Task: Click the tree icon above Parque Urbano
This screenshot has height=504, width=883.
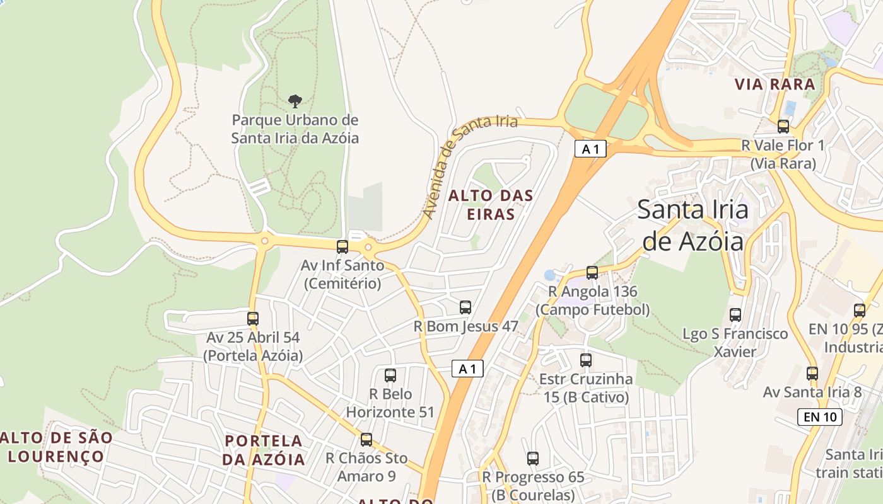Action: click(295, 101)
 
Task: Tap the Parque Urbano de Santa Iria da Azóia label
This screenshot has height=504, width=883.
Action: click(295, 129)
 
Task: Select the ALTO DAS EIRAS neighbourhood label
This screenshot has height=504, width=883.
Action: click(491, 205)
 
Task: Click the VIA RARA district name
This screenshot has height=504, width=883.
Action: click(775, 84)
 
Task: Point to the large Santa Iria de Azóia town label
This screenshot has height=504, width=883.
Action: click(693, 225)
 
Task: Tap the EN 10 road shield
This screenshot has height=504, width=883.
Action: click(820, 416)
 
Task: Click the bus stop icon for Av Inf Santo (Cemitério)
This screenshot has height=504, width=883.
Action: click(342, 247)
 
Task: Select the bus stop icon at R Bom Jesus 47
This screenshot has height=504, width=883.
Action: click(465, 307)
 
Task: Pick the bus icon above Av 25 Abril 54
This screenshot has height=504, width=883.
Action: click(253, 319)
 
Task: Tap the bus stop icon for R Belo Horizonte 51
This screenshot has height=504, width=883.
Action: click(390, 375)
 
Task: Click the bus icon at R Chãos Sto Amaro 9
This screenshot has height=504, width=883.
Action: click(366, 440)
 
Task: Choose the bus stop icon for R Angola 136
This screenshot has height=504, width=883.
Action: click(592, 273)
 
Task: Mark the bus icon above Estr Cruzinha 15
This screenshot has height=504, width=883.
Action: click(586, 360)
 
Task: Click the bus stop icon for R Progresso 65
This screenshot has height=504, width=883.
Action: click(533, 459)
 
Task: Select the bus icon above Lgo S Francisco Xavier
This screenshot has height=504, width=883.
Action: click(735, 315)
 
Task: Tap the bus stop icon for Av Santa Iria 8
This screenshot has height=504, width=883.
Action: click(812, 374)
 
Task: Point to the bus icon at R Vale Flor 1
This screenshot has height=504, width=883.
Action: click(783, 127)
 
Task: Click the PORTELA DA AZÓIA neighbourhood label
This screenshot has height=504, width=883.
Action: click(263, 450)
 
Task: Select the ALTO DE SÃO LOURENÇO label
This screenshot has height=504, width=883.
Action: click(57, 447)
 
